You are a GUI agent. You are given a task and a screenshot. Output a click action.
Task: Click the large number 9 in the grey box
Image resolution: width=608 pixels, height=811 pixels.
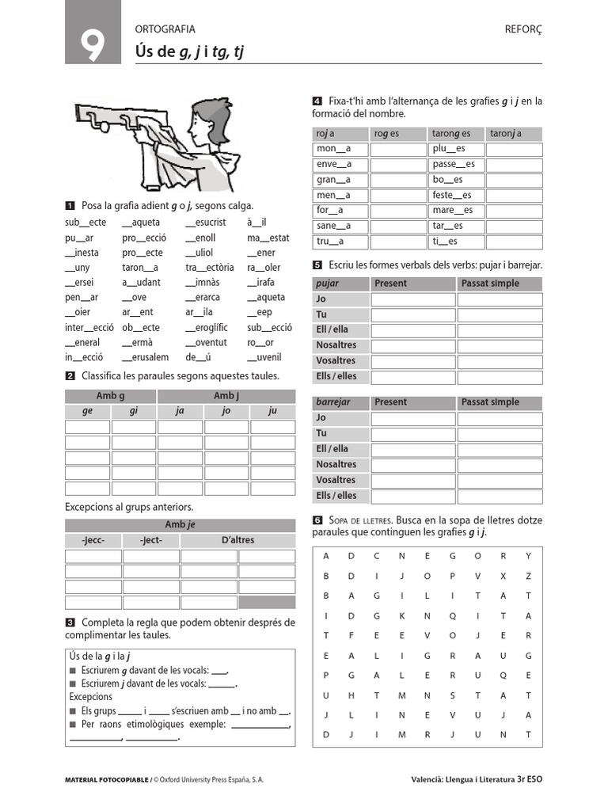click(93, 46)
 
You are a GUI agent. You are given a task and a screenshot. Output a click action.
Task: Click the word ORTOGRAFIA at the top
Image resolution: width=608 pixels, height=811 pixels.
click(165, 29)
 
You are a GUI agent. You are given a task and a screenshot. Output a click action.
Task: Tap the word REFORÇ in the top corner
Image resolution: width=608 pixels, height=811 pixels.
click(523, 29)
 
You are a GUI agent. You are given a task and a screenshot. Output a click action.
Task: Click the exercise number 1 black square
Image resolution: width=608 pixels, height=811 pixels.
click(70, 205)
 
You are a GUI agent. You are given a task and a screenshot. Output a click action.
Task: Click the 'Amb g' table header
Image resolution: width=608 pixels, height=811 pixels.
click(111, 396)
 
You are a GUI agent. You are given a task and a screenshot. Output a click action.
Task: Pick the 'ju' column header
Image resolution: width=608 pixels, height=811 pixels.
click(272, 412)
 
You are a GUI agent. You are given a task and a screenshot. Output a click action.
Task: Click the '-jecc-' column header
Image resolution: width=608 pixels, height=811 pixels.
click(93, 541)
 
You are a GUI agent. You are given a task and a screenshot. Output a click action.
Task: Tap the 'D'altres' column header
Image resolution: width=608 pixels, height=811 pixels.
click(237, 541)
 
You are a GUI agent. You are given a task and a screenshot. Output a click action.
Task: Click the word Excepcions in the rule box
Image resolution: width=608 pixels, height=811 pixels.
click(91, 697)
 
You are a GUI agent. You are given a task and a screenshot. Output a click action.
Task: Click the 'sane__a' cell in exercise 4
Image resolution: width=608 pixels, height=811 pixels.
click(333, 227)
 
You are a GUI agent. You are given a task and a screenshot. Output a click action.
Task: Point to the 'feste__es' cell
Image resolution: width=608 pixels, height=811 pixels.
click(452, 196)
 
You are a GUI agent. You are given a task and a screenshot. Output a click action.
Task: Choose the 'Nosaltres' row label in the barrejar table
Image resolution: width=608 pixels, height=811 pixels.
click(336, 465)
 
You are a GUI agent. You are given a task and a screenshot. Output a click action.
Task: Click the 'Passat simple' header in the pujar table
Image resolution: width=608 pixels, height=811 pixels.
click(491, 284)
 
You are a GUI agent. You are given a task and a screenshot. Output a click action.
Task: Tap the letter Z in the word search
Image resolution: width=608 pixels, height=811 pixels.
click(528, 576)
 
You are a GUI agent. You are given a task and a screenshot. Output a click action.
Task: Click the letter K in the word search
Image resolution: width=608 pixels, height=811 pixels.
click(402, 616)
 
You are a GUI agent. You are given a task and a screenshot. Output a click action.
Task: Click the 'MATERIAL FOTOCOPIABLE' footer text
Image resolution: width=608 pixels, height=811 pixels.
click(108, 780)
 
